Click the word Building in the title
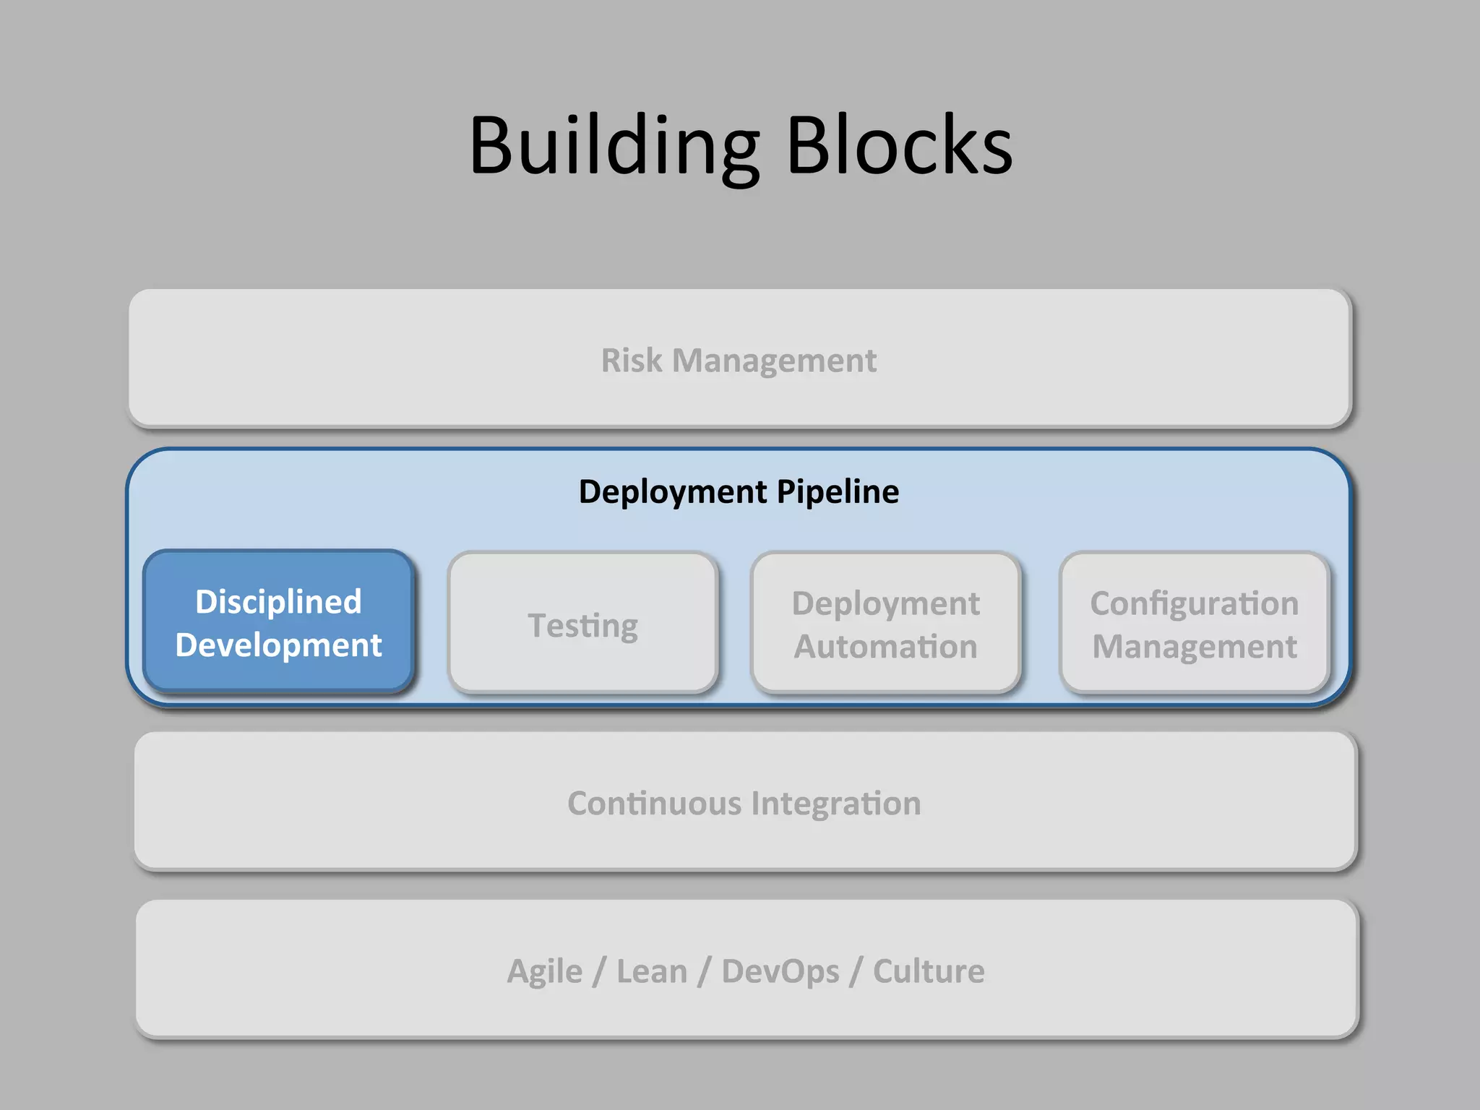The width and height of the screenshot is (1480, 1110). coord(614,147)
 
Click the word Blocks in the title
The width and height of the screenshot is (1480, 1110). coord(899,147)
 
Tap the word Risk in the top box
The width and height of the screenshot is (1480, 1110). coord(632,360)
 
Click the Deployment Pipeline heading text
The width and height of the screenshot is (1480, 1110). coord(739,491)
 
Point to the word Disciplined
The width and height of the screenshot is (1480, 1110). coord(278,602)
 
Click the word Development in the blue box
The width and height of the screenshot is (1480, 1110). coord(278,645)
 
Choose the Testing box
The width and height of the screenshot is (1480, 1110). coord(582,623)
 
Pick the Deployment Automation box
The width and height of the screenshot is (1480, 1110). coord(885,623)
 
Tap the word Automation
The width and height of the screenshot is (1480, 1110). coord(885,646)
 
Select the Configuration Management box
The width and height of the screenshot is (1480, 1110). coord(1194,623)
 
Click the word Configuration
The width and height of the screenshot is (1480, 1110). coord(1194,603)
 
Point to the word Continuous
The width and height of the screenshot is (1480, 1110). coord(654,804)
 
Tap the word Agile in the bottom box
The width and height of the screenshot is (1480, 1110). coord(544,971)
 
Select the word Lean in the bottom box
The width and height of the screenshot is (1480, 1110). coord(651,971)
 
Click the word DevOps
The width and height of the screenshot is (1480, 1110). coord(780,971)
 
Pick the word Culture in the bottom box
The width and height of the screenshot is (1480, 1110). coord(929,971)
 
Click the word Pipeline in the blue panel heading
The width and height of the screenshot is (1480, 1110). coord(838,491)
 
